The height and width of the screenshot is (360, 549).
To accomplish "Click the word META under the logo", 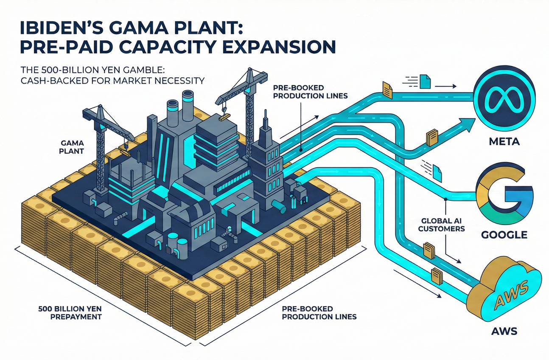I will [504, 142].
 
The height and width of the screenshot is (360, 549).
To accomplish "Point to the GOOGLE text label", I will [504, 234].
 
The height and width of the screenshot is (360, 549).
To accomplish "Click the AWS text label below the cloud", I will [504, 330].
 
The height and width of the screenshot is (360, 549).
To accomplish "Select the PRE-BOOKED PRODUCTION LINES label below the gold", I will [319, 313].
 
